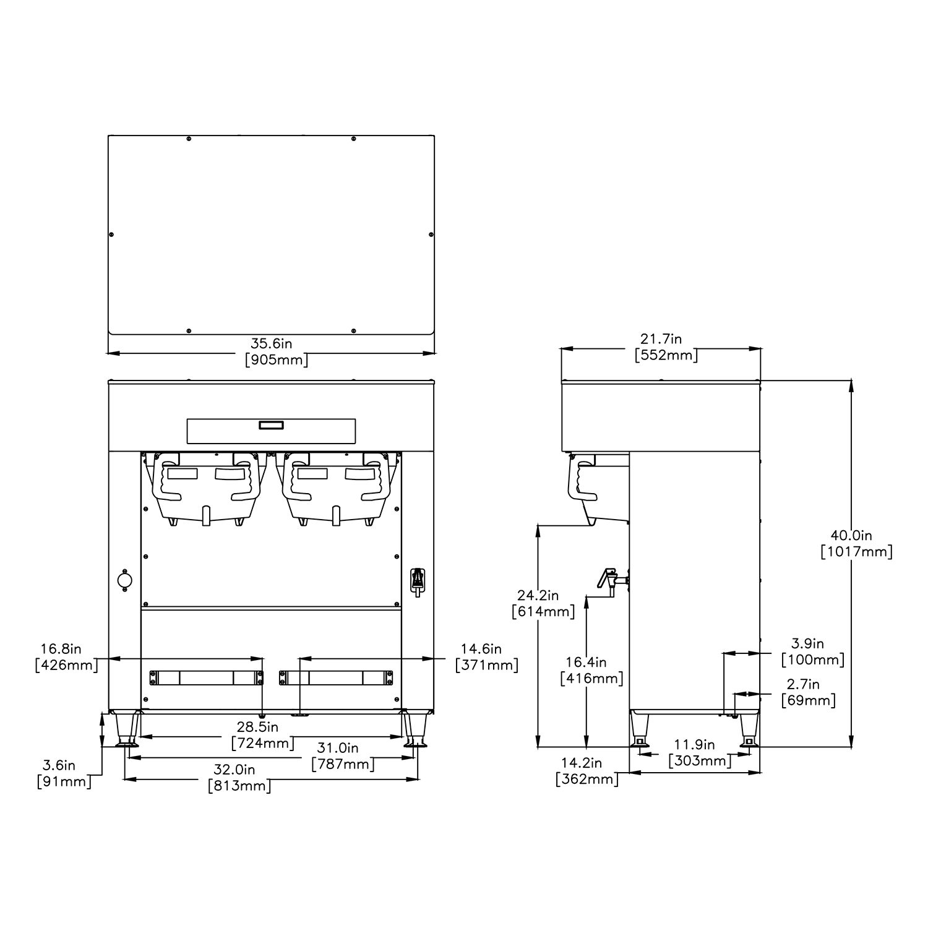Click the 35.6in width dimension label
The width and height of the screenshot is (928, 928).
click(271, 343)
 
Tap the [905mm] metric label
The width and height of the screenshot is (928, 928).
click(276, 360)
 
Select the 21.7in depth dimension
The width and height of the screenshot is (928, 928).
click(661, 339)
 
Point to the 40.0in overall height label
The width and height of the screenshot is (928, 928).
click(851, 535)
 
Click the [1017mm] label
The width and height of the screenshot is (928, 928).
click(856, 552)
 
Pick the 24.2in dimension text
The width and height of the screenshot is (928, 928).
click(538, 595)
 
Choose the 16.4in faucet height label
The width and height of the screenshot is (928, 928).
click(586, 663)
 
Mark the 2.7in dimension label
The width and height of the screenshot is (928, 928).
click(803, 684)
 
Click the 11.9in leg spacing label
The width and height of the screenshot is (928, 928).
click(694, 744)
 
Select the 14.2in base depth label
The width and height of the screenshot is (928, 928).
click(582, 763)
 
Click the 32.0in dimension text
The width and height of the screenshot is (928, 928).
click(234, 770)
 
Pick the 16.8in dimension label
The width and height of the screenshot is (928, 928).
click(61, 649)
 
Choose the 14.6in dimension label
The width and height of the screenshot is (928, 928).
click(481, 649)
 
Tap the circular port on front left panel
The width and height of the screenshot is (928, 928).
click(125, 580)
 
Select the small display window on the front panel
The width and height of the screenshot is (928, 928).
click(271, 425)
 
